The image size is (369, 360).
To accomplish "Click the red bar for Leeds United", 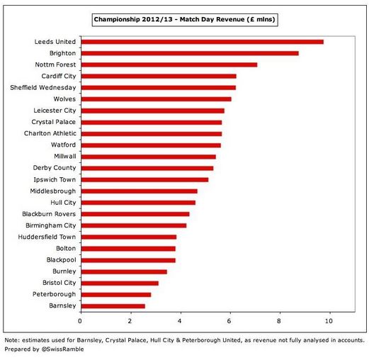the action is pos(203,42).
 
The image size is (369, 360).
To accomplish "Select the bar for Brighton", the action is pos(190,53).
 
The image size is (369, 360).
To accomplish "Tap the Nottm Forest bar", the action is pos(169,64).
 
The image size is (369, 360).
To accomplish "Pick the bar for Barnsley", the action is pos(113,306).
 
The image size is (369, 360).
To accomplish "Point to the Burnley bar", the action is pos(124,271).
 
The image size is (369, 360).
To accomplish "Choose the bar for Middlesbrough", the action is pos(140,191).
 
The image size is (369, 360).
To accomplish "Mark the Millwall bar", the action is pos(149,157).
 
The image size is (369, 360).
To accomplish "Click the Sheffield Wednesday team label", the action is pos(43,88).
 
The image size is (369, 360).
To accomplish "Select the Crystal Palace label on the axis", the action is pos(54,122).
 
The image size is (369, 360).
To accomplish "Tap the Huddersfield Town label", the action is pos(47,237).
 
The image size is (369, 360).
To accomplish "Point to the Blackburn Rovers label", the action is pos(49,214).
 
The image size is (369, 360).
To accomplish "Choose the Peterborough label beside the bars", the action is pos(54,294).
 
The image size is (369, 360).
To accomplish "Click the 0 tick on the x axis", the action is pos(80,321).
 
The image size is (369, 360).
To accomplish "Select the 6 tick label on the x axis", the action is pos(229,321).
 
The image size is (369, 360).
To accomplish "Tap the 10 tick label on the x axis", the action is pos(329,321).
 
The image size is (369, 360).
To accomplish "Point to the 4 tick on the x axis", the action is pos(180,321).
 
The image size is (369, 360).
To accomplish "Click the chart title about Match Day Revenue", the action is pos(185,19).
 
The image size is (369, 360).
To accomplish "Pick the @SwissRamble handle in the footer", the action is pos(62,349).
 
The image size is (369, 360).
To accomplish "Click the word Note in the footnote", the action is pos(11,340).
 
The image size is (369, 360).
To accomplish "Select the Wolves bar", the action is pos(157,99).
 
